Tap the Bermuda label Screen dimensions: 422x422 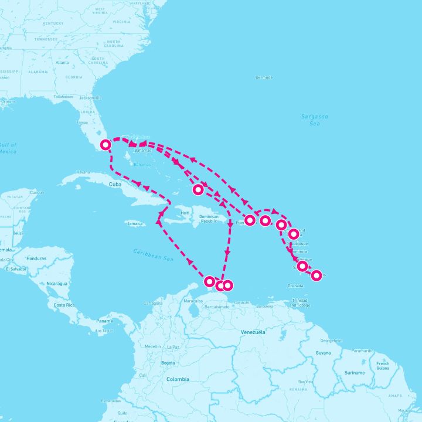click(264, 77)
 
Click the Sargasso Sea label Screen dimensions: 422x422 click(315, 120)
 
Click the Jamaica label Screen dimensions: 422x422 click(135, 223)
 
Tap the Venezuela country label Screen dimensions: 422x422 click(253, 332)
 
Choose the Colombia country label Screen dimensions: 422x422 click(178, 379)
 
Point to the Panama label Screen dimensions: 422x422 click(104, 321)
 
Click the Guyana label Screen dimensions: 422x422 click(323, 353)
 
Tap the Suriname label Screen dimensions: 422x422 click(355, 372)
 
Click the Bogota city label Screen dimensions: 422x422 click(168, 363)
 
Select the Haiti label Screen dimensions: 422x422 click(186, 213)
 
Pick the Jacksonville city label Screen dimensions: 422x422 click(90, 97)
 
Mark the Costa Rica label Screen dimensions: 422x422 click(64, 305)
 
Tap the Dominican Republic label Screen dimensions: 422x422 click(209, 219)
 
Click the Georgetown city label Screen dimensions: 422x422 click(331, 340)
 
